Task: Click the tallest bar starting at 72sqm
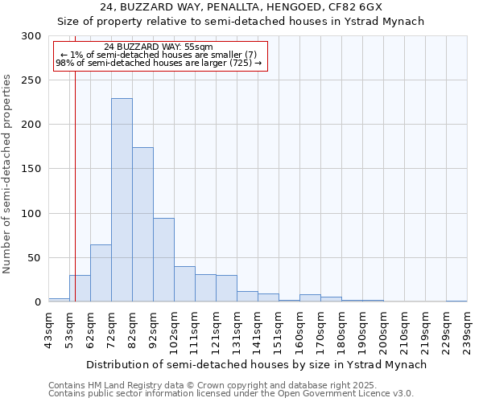122,200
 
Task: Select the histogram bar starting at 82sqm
142,224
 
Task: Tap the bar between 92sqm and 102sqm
163,260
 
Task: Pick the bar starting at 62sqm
101,273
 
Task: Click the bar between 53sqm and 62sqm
80,288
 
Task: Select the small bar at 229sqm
456,301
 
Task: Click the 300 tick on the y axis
31,36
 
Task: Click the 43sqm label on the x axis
48,330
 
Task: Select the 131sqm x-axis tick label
237,330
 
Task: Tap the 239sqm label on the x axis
467,330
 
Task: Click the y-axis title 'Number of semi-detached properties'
8,174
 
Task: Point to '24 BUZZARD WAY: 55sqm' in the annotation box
159,47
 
